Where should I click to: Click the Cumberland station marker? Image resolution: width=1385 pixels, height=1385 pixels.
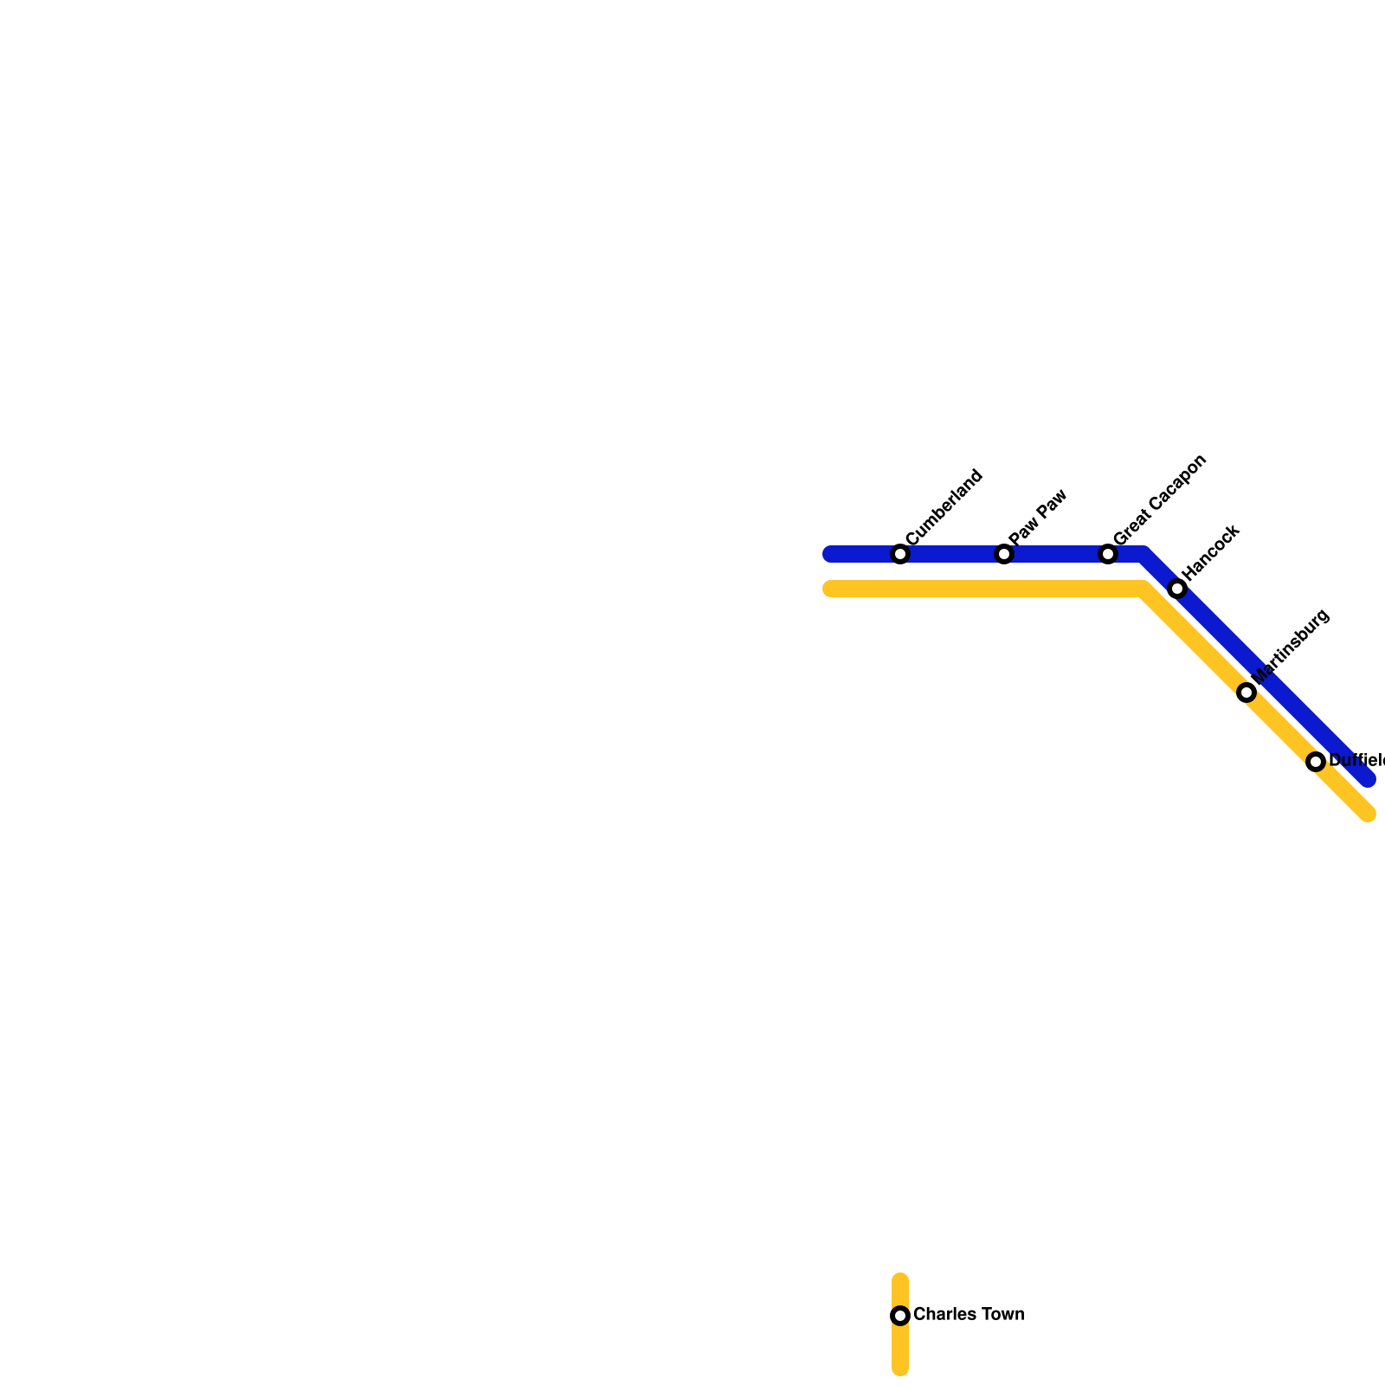900,554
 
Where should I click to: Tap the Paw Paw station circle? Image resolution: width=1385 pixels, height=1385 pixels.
1004,554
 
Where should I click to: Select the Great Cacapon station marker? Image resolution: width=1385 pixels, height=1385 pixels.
1108,554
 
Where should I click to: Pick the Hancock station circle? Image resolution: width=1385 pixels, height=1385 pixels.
1177,589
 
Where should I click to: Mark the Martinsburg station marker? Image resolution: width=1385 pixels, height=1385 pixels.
1246,692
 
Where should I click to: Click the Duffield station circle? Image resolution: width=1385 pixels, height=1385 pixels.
1316,762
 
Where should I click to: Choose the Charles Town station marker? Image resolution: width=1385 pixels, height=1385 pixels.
900,1316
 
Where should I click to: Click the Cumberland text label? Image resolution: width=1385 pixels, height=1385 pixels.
944,507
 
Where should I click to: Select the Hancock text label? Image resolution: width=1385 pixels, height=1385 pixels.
1211,552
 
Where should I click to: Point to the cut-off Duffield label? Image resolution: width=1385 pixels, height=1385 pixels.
1356,761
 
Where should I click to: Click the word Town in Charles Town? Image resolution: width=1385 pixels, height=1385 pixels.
1002,1315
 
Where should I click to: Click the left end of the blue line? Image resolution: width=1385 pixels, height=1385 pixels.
830,554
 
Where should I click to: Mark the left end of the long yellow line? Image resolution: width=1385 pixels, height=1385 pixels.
830,589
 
